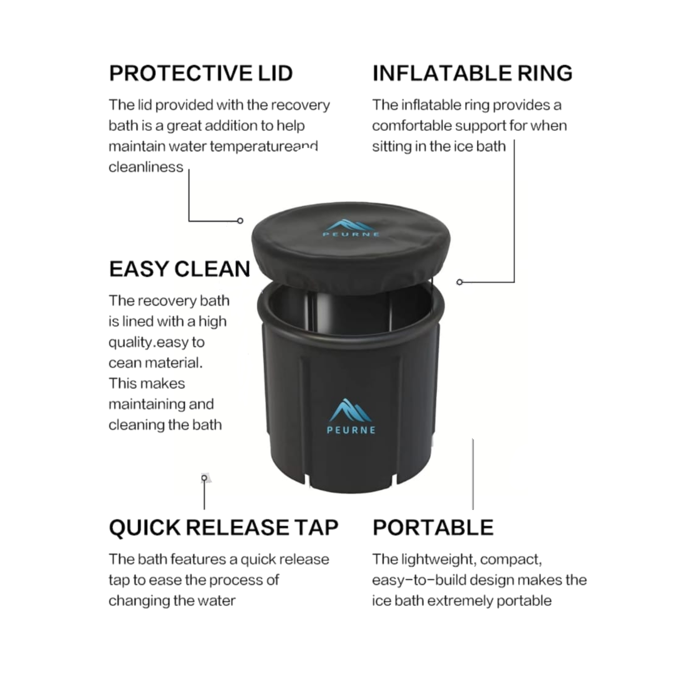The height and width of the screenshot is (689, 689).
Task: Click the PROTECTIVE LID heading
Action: click(201, 73)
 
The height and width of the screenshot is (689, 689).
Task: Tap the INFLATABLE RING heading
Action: click(473, 73)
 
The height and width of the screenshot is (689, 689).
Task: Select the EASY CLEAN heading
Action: click(179, 269)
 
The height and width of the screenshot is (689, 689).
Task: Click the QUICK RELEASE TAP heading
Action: click(224, 527)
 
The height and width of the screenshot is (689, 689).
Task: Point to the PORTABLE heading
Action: click(433, 527)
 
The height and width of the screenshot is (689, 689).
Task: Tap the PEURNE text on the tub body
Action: click(351, 430)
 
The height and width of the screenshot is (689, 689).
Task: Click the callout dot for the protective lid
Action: click(240, 221)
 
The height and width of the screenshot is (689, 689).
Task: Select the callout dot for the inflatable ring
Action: click(460, 282)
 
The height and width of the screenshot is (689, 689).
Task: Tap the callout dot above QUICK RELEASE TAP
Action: click(204, 478)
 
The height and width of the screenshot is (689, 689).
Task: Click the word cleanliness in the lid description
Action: click(146, 167)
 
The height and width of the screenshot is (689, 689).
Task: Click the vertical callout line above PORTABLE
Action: click(473, 474)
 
